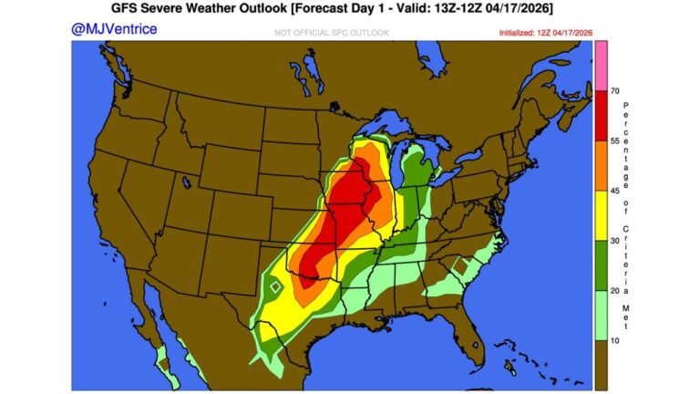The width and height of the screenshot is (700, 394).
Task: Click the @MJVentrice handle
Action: point(114,29)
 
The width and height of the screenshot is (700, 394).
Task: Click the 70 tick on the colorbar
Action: point(616,91)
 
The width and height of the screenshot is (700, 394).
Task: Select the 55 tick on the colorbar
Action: point(616,141)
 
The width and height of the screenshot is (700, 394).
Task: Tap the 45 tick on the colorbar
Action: point(616,192)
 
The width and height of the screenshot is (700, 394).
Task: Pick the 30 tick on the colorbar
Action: point(616,242)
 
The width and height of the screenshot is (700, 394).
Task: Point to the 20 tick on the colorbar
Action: point(616,291)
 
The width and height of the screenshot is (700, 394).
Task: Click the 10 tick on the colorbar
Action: point(616,341)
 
